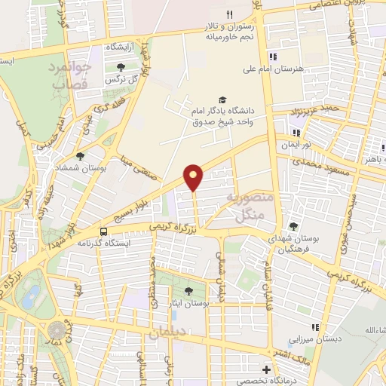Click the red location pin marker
195,176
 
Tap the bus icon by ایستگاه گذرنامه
103,231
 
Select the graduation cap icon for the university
222,100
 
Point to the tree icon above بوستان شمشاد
81,155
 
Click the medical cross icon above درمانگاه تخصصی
265,369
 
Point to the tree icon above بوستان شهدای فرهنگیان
293,226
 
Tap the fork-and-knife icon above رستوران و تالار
231,14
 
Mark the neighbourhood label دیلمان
168,332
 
